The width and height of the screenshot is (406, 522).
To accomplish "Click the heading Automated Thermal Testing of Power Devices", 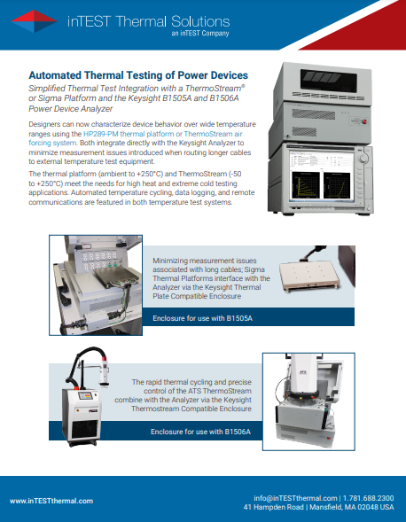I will [137, 76].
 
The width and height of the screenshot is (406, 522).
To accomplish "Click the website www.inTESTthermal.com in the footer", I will [51, 502].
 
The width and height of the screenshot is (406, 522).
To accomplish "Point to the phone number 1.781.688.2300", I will [368, 497].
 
